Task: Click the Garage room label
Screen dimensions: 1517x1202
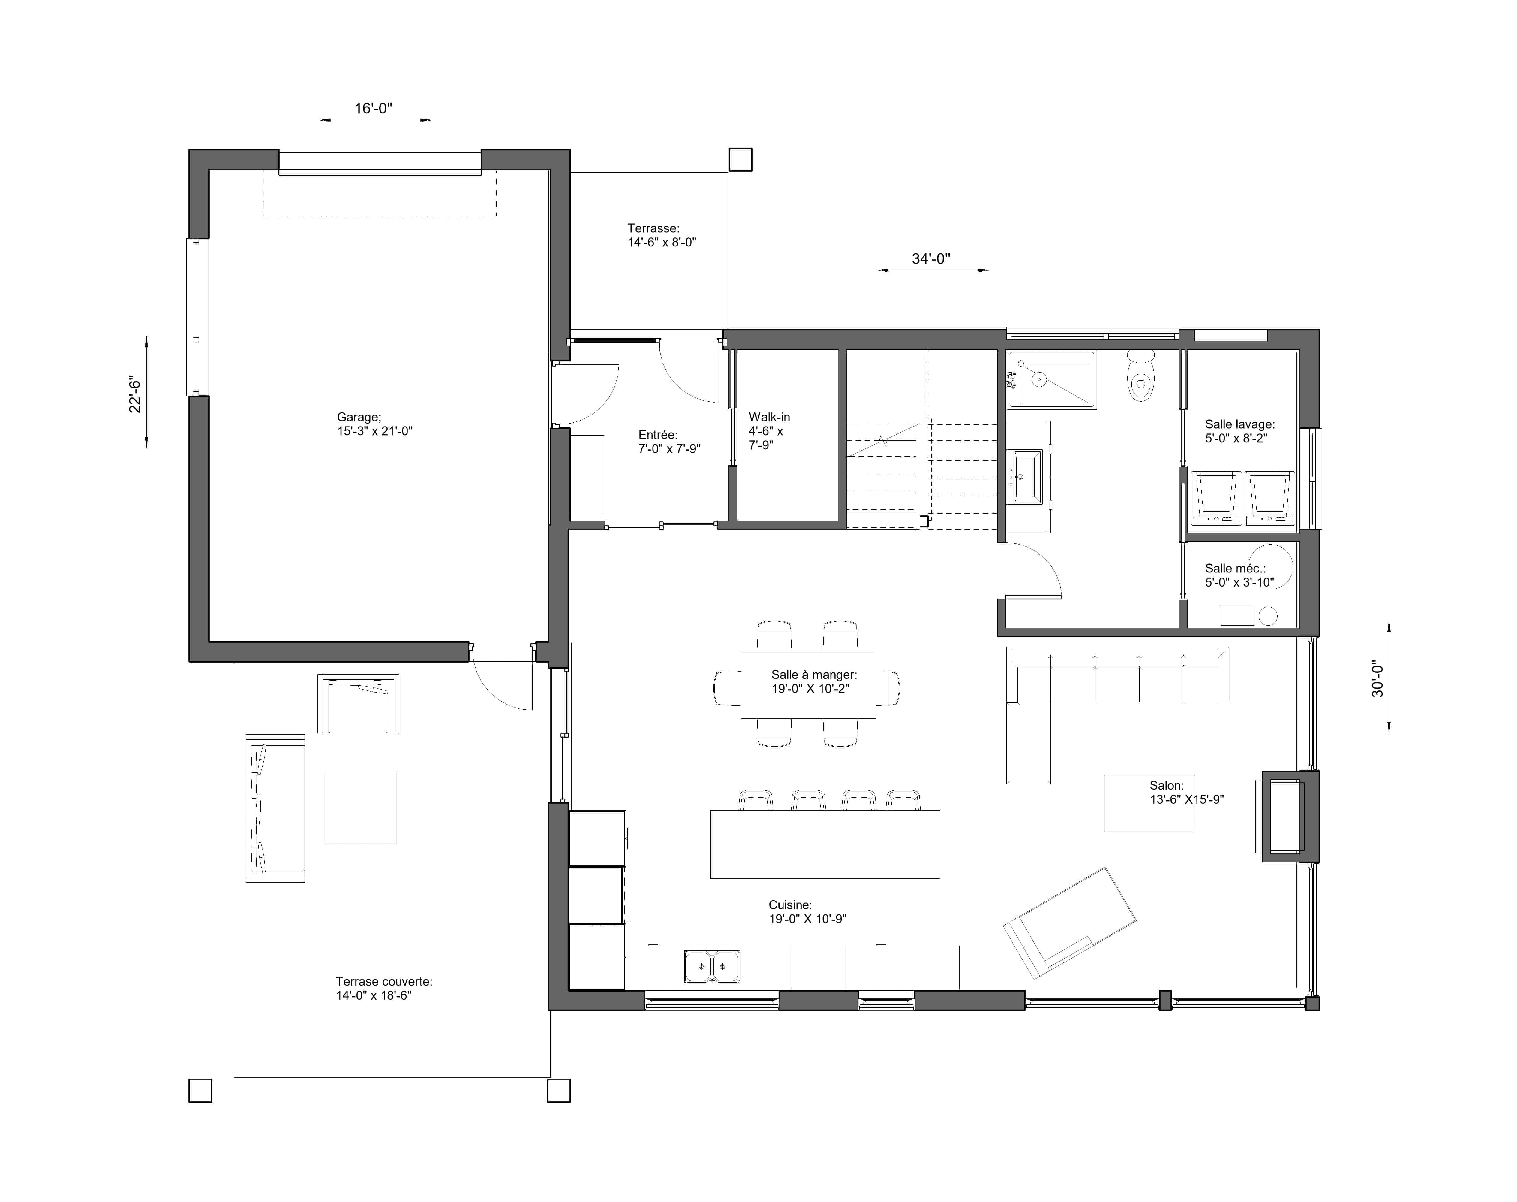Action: click(x=374, y=424)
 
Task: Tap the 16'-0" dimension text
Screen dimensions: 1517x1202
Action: click(x=373, y=108)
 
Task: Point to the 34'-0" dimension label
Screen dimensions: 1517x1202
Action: click(x=931, y=259)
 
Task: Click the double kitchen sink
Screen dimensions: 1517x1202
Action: click(x=712, y=966)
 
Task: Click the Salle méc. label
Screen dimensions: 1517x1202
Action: click(x=1239, y=575)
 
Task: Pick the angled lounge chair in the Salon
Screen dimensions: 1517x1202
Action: click(x=1069, y=923)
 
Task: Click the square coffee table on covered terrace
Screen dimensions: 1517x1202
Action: click(x=361, y=808)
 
